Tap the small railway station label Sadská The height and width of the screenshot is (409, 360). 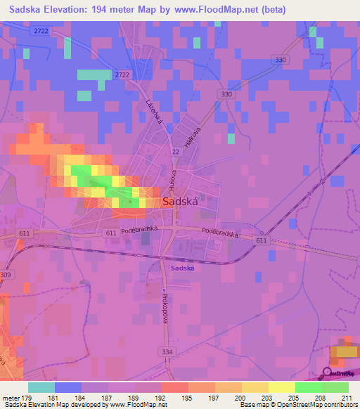181,268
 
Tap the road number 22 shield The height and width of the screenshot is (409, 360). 175,151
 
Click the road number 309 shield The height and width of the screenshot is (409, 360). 6,275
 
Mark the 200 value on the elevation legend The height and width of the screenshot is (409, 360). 238,397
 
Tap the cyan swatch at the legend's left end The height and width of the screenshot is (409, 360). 41,387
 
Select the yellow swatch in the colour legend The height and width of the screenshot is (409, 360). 281,387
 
